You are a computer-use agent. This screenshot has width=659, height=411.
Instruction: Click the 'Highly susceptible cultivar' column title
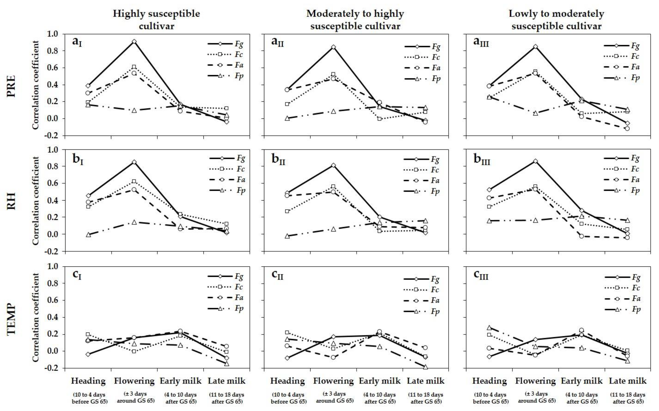(156, 20)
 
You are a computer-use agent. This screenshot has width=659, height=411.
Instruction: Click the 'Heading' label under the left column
(88, 381)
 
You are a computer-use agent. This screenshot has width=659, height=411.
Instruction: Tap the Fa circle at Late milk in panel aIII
(627, 128)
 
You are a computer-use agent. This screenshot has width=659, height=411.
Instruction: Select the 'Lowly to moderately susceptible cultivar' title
(556, 20)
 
